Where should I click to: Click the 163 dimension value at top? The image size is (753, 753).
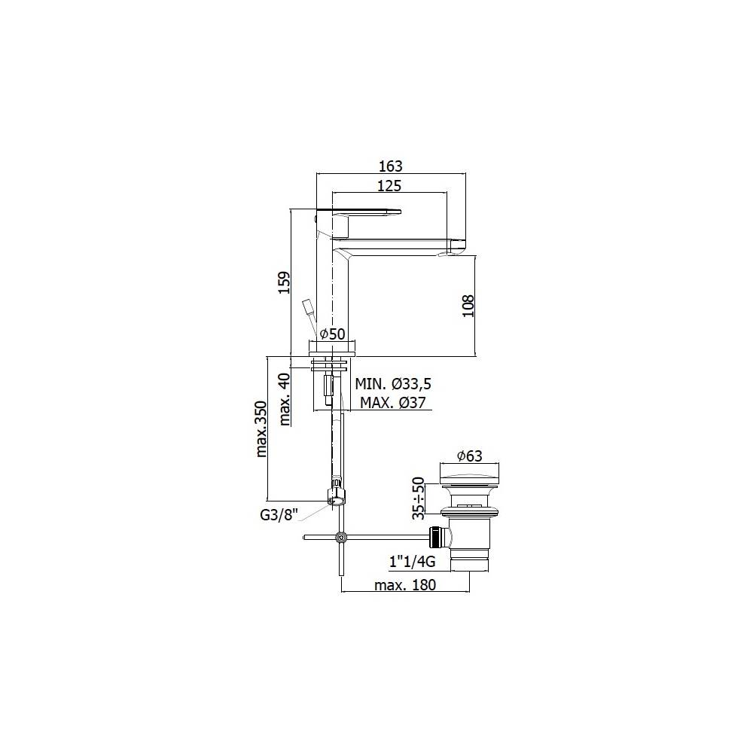tap(391, 166)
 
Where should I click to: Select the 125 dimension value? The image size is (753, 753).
tap(390, 185)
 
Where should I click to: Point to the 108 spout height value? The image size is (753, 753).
tap(468, 306)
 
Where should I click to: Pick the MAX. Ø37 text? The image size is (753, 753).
tap(393, 402)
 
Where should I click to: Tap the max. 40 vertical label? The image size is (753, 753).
tap(284, 399)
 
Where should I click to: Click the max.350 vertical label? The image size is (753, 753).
tap(261, 429)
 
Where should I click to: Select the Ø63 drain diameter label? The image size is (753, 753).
tap(469, 456)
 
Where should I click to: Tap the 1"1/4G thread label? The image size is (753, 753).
tap(413, 562)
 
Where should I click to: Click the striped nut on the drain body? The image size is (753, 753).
tap(434, 537)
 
